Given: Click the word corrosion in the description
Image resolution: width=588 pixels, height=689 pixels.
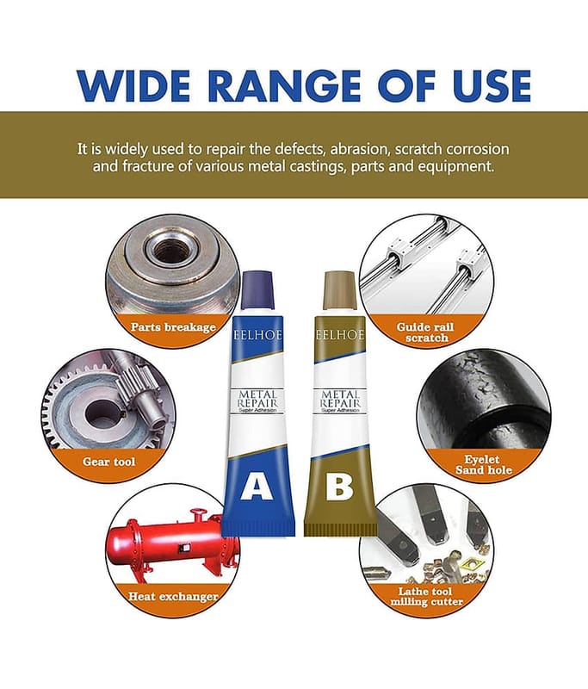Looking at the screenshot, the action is (477, 149).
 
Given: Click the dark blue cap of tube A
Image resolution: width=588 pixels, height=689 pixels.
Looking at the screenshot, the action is (257, 289).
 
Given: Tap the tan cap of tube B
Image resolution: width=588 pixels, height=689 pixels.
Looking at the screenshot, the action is (339, 289).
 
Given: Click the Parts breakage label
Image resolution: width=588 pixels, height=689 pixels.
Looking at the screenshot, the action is (173, 327).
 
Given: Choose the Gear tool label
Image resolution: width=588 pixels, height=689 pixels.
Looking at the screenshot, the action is (109, 462).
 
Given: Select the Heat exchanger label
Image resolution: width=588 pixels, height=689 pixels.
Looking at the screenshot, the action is (173, 596).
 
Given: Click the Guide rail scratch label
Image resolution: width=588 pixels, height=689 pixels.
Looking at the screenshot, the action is (425, 332).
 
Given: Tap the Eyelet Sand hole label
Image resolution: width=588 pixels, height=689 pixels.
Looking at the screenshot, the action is (484, 464).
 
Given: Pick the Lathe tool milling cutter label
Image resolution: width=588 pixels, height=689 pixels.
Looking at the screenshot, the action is (426, 596).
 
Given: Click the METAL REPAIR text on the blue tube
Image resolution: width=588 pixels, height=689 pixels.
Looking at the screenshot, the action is (257, 398).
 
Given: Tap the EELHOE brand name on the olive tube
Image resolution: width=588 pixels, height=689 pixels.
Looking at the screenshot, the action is (340, 335).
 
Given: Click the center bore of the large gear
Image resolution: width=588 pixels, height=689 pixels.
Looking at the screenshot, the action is (102, 413).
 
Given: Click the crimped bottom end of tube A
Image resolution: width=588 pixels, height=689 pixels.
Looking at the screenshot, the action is (258, 526).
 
